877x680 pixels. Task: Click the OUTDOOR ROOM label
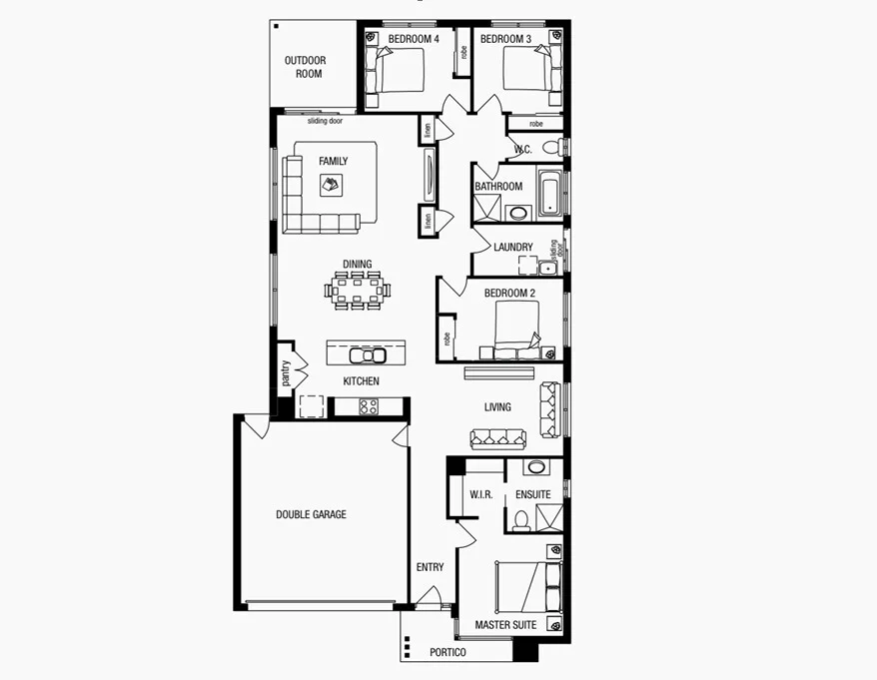305,67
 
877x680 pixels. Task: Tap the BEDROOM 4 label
414,39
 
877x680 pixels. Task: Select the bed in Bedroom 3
524,71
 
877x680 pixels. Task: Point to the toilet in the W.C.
550,148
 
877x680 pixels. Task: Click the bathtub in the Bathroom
550,193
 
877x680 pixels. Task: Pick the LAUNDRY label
512,247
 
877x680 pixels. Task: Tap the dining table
358,290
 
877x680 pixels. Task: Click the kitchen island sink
367,355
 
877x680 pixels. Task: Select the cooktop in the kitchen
368,406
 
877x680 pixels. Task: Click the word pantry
286,373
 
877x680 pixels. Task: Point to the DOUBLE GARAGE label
312,514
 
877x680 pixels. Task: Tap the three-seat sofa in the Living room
499,436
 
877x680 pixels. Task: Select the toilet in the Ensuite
520,520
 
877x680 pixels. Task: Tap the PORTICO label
448,652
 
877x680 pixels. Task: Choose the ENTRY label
430,567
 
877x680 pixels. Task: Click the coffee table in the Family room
331,184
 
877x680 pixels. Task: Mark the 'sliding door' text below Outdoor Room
325,121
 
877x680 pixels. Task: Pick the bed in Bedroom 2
515,327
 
